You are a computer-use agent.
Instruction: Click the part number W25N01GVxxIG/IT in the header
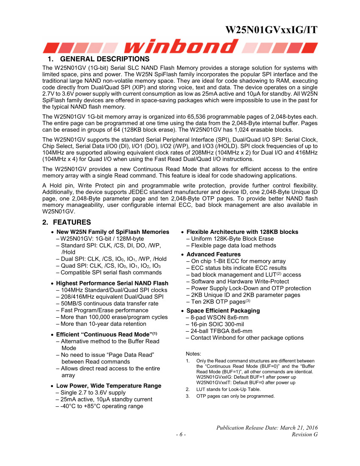pyautogui.click(x=271, y=30)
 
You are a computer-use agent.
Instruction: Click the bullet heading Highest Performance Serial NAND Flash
pyautogui.click(x=112, y=283)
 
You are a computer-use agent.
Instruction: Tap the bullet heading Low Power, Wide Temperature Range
pyautogui.click(x=109, y=386)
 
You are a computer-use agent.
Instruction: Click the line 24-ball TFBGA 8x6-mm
pyautogui.click(x=222, y=331)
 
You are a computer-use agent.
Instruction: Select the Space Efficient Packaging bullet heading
pyautogui.click(x=223, y=311)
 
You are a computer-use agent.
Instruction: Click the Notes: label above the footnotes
pyautogui.click(x=194, y=354)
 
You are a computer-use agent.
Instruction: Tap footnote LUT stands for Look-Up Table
pyautogui.click(x=228, y=389)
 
